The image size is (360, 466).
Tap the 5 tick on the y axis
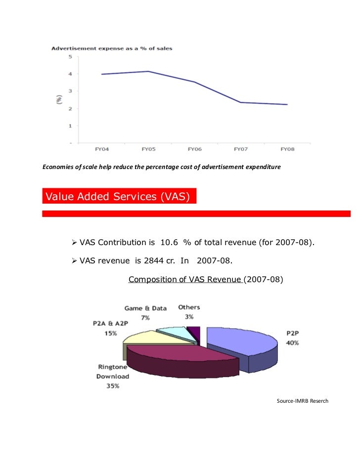pyautogui.click(x=70, y=56)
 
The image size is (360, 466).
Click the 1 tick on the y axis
pyautogui.click(x=70, y=126)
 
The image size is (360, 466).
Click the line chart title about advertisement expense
pyautogui.click(x=112, y=48)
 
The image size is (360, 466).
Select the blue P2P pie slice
pyautogui.click(x=242, y=346)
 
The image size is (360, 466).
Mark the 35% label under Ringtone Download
pyautogui.click(x=113, y=385)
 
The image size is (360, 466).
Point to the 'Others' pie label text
pyautogui.click(x=189, y=307)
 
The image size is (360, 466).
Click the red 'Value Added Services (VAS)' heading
pyautogui.click(x=119, y=197)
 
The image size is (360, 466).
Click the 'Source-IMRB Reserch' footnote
pyautogui.click(x=302, y=400)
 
